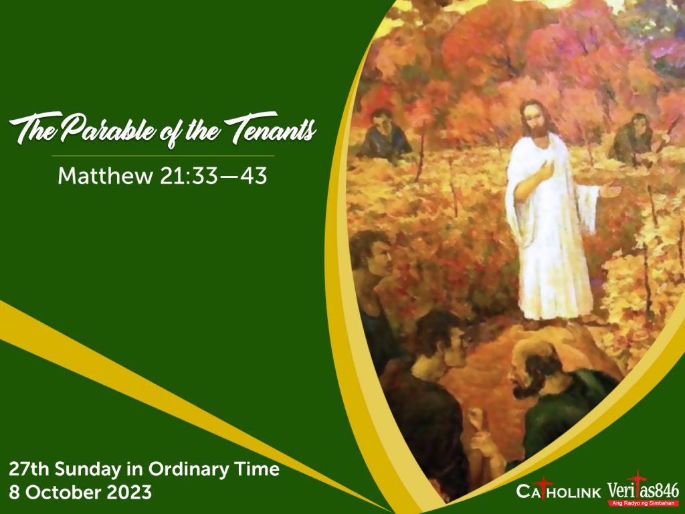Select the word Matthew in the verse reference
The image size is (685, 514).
pos(105,176)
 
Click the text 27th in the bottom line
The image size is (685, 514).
pos(29,469)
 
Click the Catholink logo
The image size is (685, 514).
pos(559,491)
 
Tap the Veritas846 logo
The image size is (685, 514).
pos(644,489)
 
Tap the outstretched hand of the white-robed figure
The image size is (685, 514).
pos(610,189)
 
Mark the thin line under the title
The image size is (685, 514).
pos(163,155)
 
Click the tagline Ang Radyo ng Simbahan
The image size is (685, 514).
pos(644,503)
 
